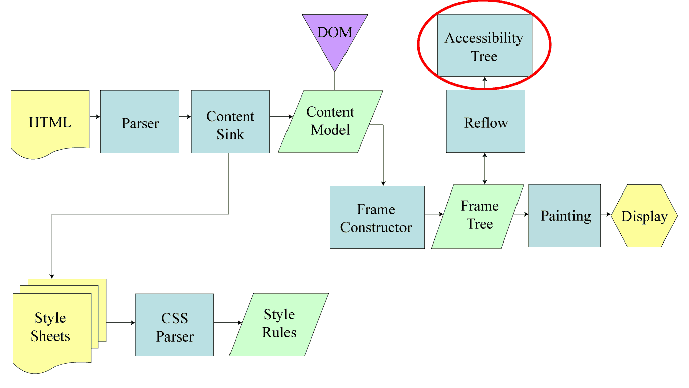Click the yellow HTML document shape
tap(50, 123)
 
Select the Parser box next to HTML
tap(140, 122)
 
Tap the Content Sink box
tap(231, 122)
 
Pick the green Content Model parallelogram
tap(331, 121)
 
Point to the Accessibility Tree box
tap(484, 45)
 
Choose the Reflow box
tap(486, 121)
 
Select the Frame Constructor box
tap(377, 217)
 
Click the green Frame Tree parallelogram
tap(478, 216)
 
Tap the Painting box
tap(564, 216)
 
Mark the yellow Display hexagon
tap(645, 216)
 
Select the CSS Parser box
tap(175, 325)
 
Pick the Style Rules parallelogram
tap(279, 324)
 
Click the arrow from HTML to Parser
tap(95, 117)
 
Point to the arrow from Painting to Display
tap(606, 214)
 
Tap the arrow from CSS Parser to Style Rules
tap(228, 323)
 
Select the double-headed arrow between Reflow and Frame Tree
tap(485, 169)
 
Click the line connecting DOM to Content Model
tap(334, 81)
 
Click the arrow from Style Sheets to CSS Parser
tap(121, 323)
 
